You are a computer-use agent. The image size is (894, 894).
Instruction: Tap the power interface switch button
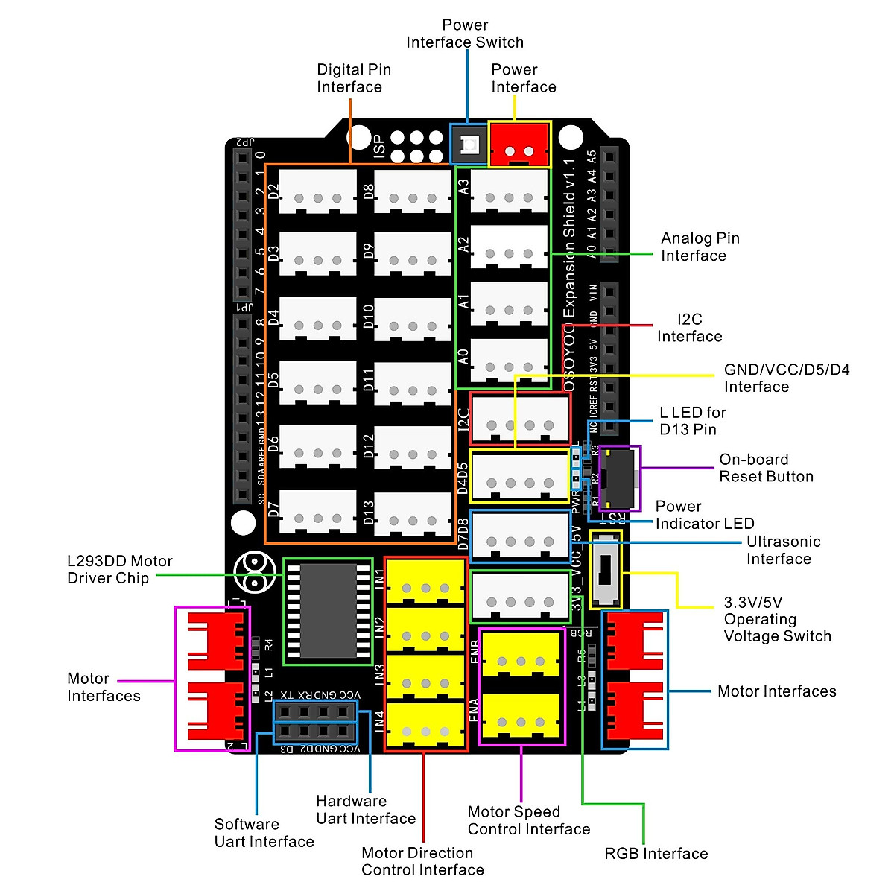(469, 145)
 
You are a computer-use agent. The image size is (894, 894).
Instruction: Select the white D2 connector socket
(317, 191)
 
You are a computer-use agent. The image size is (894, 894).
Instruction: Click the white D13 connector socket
(413, 514)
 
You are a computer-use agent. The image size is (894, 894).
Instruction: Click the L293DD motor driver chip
(329, 611)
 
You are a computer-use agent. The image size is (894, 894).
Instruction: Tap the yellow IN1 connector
(425, 582)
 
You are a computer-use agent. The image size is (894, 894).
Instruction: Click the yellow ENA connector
(521, 717)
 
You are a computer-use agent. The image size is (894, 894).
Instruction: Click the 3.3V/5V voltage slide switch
(606, 570)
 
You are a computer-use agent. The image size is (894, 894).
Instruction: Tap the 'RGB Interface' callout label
(656, 854)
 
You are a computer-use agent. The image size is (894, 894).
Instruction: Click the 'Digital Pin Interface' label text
(353, 78)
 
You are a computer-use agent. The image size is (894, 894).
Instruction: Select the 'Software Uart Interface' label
(264, 833)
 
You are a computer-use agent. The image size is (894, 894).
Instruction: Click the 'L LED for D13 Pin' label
(692, 421)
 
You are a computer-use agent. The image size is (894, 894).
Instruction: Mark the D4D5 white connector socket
(520, 477)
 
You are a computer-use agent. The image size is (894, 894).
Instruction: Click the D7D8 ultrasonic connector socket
(520, 536)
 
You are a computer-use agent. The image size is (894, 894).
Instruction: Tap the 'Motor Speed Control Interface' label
(528, 820)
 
